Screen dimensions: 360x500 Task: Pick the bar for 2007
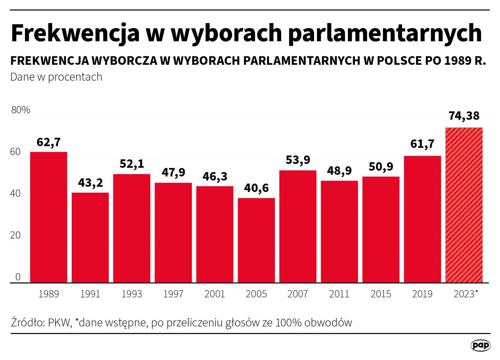(298, 226)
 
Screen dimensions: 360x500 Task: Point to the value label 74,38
(464, 116)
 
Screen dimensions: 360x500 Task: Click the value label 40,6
(256, 188)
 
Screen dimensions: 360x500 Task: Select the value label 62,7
(48, 142)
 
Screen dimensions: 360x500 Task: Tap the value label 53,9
(298, 160)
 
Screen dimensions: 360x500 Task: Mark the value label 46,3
(215, 176)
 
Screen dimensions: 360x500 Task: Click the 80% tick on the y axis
(21, 110)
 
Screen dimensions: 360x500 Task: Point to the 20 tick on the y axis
(15, 235)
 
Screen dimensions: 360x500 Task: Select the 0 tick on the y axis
(18, 277)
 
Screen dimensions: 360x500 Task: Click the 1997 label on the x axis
(173, 294)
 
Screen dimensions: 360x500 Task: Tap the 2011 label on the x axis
(339, 294)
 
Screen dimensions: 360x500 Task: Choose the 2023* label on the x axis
(466, 294)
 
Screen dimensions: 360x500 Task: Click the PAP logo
(480, 345)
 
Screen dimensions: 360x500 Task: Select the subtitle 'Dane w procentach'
(56, 77)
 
